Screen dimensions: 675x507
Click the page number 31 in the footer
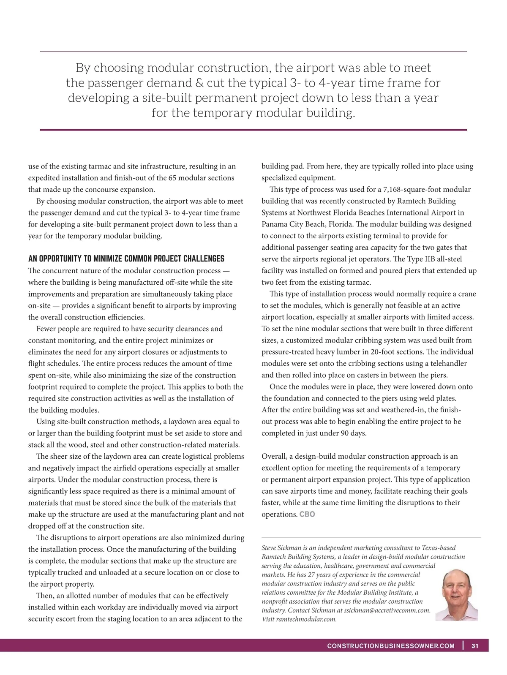(475, 646)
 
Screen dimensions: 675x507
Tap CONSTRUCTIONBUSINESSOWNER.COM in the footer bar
(391, 646)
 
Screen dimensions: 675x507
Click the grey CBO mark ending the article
(307, 514)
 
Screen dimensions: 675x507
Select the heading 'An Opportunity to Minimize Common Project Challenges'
(126, 259)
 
